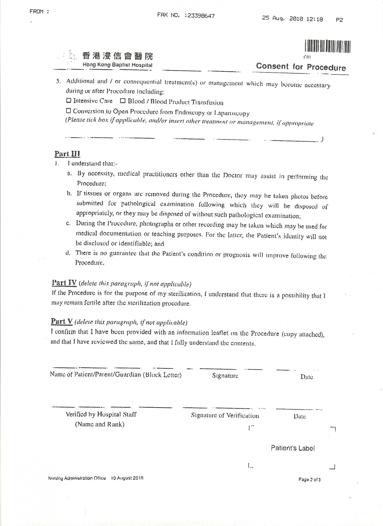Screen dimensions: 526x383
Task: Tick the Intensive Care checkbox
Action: pos(69,100)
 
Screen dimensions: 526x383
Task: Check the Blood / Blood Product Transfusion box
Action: pos(123,101)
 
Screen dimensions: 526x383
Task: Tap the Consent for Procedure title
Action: pos(301,67)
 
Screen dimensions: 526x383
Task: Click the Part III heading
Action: pos(67,154)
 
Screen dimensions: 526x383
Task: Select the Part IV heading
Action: pos(64,283)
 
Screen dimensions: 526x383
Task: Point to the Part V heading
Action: pos(62,321)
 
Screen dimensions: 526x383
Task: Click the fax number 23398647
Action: pos(200,16)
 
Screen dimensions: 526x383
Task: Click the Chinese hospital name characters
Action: pos(117,56)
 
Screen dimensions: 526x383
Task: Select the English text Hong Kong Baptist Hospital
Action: pos(117,65)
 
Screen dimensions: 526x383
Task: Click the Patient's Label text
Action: pos(293,448)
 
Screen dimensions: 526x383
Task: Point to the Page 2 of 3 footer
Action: pos(309,479)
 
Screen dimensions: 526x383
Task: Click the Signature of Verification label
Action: pos(225,416)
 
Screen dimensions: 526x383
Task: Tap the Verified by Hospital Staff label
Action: pos(101,414)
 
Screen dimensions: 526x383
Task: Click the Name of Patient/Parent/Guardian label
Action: pos(116,375)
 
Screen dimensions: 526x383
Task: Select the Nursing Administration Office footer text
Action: pos(77,478)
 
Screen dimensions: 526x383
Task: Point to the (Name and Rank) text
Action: pos(100,424)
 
